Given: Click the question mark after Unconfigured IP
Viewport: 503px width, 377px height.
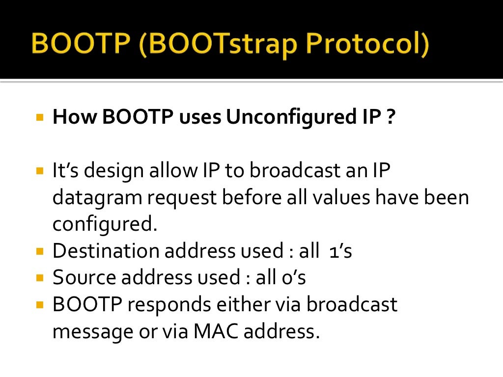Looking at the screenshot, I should point(390,118).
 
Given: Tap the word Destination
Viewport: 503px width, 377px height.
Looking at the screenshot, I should point(106,251).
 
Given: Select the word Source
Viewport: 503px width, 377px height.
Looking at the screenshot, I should point(84,277).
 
